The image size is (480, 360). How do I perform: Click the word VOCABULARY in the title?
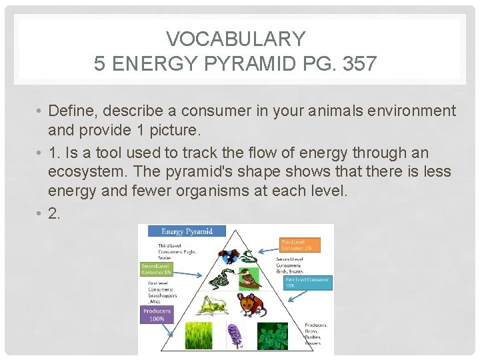point(235,39)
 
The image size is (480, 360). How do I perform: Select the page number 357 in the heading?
point(357,63)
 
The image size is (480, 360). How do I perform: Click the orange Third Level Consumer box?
point(299,245)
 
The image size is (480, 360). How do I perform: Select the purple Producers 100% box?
point(157,315)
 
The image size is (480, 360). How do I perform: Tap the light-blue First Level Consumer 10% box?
point(307,283)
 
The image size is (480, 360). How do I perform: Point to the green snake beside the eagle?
point(247,257)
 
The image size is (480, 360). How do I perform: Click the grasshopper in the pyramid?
point(213,305)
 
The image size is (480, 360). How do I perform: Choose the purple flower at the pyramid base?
point(234,336)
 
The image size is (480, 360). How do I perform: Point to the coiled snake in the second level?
point(225,278)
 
